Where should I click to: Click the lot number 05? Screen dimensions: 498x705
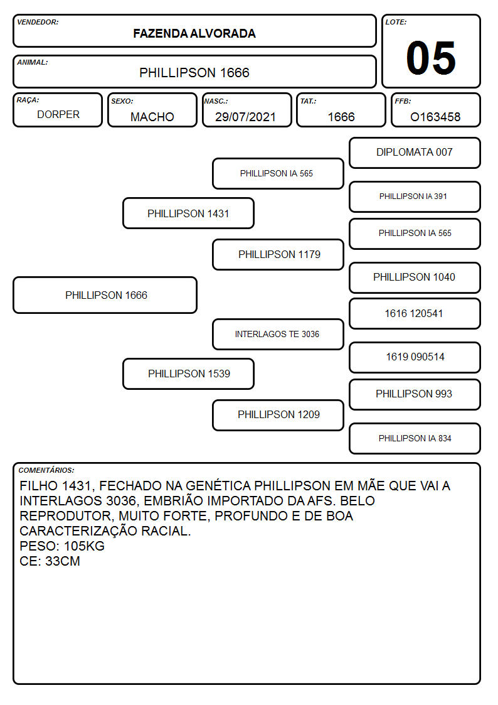pyautogui.click(x=431, y=58)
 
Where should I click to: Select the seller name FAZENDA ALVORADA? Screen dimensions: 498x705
pyautogui.click(x=194, y=33)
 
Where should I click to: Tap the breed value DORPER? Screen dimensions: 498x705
pyautogui.click(x=58, y=115)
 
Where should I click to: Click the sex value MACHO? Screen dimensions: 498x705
pyautogui.click(x=152, y=117)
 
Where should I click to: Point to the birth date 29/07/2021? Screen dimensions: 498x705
pyautogui.click(x=245, y=117)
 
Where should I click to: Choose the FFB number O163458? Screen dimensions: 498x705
pyautogui.click(x=435, y=117)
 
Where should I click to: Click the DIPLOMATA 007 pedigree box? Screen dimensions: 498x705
pyautogui.click(x=415, y=153)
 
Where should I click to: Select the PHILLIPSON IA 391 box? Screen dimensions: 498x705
pyautogui.click(x=415, y=196)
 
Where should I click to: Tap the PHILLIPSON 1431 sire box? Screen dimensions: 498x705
pyautogui.click(x=188, y=213)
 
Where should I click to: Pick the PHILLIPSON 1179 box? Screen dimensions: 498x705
pyautogui.click(x=278, y=254)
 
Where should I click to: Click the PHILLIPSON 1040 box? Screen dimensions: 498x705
pyautogui.click(x=415, y=277)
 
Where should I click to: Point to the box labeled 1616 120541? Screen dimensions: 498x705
pyautogui.click(x=415, y=313)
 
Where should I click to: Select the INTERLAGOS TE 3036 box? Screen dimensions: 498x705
pyautogui.click(x=278, y=334)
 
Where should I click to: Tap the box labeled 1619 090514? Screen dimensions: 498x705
pyautogui.click(x=415, y=357)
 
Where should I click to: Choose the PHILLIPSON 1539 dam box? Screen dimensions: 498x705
pyautogui.click(x=188, y=374)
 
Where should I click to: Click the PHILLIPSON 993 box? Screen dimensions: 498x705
pyautogui.click(x=415, y=394)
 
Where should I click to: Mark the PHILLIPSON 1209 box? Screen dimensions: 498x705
pyautogui.click(x=278, y=415)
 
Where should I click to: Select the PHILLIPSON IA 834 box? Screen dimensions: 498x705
pyautogui.click(x=415, y=438)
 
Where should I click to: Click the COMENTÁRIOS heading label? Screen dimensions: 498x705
pyautogui.click(x=46, y=470)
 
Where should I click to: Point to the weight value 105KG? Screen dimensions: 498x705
pyautogui.click(x=84, y=546)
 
